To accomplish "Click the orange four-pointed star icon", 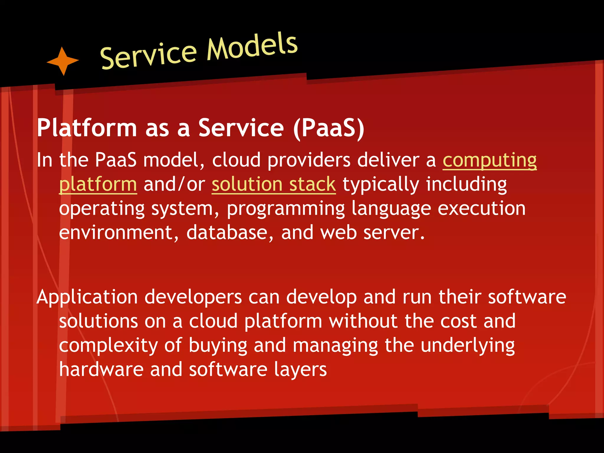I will pos(63,61).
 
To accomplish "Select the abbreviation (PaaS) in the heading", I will pos(329,128).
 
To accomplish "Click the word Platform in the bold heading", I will pos(87,128).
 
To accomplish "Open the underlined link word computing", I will pos(490,161).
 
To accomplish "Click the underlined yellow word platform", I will pos(98,185).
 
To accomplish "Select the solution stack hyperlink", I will pos(273,185).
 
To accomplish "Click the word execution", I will pos(481,209).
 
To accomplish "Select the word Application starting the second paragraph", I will pos(87,297).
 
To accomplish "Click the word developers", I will pos(193,297).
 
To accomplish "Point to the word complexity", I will pos(108,346).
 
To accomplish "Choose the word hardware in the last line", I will pos(101,369).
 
